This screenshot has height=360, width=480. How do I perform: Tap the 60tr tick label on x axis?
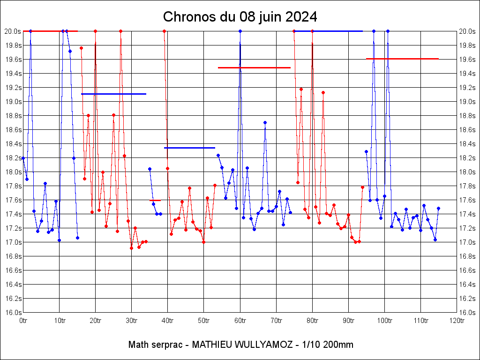tap(240, 321)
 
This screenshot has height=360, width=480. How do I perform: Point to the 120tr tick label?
tap(457, 321)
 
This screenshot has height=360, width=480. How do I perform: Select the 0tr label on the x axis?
tap(23, 321)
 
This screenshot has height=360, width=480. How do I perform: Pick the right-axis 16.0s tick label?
tap(467, 312)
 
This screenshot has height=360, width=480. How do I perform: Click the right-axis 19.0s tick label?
tap(467, 101)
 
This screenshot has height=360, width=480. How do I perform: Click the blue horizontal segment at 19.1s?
tap(113, 94)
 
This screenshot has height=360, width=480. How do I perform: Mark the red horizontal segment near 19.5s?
tap(254, 67)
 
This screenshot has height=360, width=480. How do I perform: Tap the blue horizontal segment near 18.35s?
tap(189, 148)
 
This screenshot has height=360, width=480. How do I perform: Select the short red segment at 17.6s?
tap(155, 200)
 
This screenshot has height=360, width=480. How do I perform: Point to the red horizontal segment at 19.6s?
tap(402, 59)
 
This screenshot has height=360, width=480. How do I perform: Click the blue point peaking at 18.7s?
tap(265, 122)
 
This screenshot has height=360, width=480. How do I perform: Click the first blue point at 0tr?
tap(23, 158)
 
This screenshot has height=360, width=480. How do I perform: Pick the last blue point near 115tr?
tap(438, 208)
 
